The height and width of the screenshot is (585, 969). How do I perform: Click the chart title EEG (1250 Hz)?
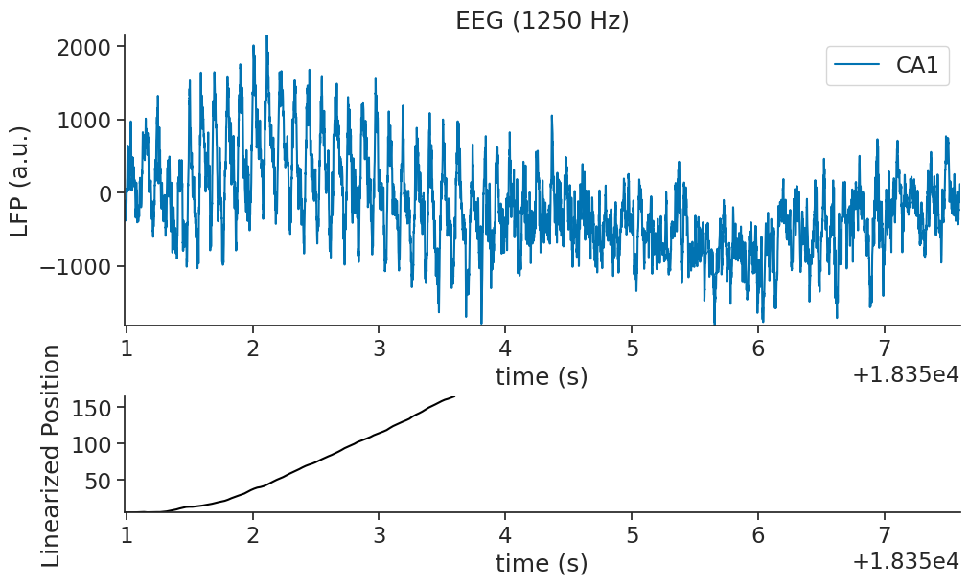click(x=542, y=20)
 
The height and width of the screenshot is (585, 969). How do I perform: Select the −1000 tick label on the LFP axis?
click(x=80, y=266)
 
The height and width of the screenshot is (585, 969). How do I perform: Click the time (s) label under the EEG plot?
click(x=542, y=376)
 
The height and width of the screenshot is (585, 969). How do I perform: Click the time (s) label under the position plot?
click(x=542, y=563)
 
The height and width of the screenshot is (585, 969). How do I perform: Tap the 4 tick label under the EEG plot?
click(x=505, y=347)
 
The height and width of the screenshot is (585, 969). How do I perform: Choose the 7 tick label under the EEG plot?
click(x=885, y=347)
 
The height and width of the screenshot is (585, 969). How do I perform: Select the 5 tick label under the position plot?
click(x=632, y=533)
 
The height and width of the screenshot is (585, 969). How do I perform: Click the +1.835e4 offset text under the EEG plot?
click(x=906, y=376)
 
